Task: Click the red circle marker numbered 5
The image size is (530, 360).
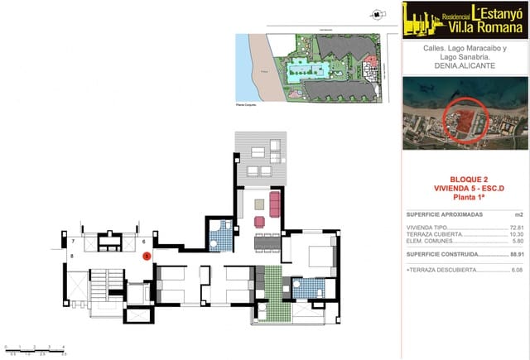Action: click(x=146, y=257)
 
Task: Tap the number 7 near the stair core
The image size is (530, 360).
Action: click(x=73, y=242)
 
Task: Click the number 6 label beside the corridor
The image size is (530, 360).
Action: click(x=143, y=242)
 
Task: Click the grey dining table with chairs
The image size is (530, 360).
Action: click(x=267, y=242)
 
